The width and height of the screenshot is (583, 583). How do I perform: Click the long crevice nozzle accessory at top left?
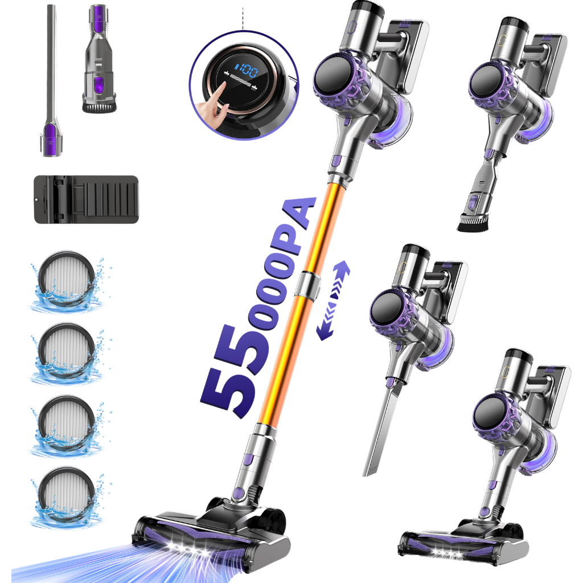point(51,80)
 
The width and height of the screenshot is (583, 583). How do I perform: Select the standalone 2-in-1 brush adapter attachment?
point(99,59)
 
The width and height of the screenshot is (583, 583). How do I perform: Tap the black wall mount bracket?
point(87,200)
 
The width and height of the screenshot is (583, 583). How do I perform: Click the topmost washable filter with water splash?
point(67,280)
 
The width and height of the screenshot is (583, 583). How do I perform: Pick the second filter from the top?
point(67,352)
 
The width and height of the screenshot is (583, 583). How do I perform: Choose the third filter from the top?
point(67,424)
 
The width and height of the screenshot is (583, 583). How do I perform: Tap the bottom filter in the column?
point(67,496)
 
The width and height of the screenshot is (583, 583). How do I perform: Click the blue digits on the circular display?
point(246,70)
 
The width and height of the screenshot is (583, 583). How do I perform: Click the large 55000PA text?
point(257,309)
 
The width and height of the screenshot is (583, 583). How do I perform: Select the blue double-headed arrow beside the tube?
point(333,301)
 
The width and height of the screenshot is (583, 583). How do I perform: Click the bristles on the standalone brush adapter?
point(99,107)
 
